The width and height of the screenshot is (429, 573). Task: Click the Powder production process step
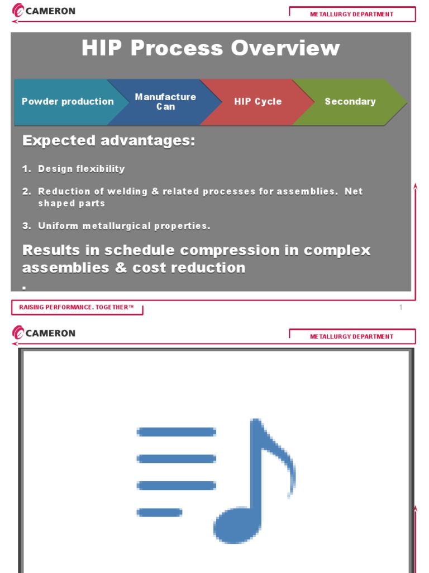pyautogui.click(x=67, y=102)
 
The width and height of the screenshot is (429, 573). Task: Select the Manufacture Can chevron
pyautogui.click(x=165, y=102)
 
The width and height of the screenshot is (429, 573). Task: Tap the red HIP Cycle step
pyautogui.click(x=258, y=102)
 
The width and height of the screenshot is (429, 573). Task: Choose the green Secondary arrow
pyautogui.click(x=350, y=102)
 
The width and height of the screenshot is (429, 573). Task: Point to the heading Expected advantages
pyautogui.click(x=109, y=141)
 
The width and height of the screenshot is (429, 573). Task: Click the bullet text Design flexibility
pyautogui.click(x=82, y=169)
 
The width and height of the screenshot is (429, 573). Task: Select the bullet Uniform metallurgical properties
pyautogui.click(x=124, y=226)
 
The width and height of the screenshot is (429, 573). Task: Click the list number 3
pyautogui.click(x=26, y=226)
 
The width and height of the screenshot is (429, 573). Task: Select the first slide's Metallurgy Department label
pyautogui.click(x=351, y=15)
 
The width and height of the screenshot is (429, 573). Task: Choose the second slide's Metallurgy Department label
pyautogui.click(x=351, y=337)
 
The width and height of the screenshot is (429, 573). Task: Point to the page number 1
pyautogui.click(x=401, y=308)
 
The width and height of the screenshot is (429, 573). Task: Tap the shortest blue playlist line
pyautogui.click(x=160, y=512)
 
